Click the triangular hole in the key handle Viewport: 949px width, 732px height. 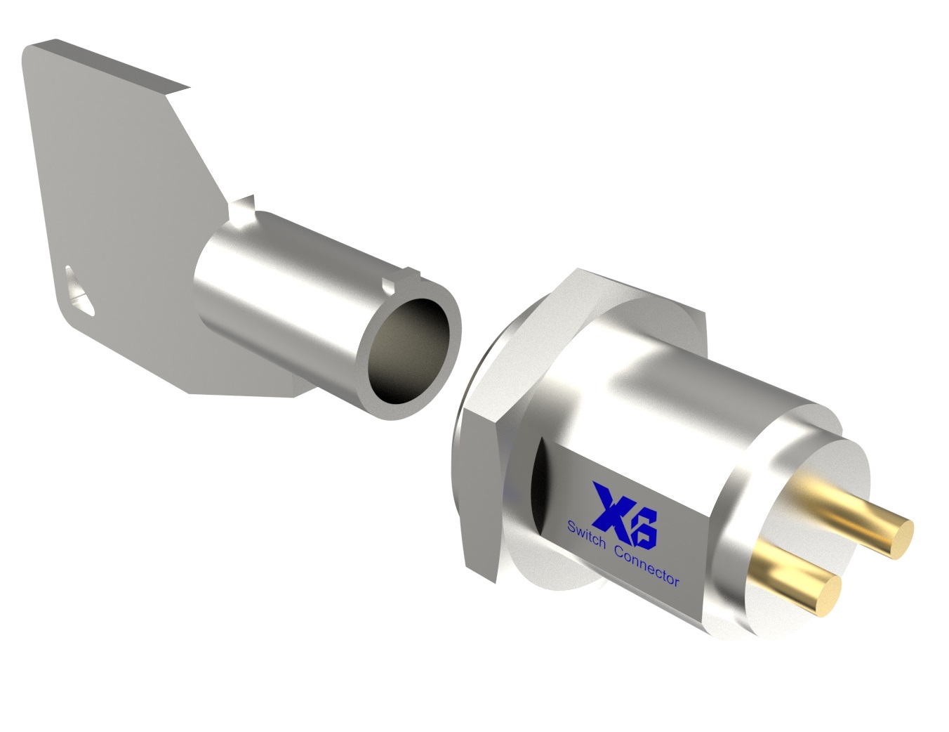[79, 290]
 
